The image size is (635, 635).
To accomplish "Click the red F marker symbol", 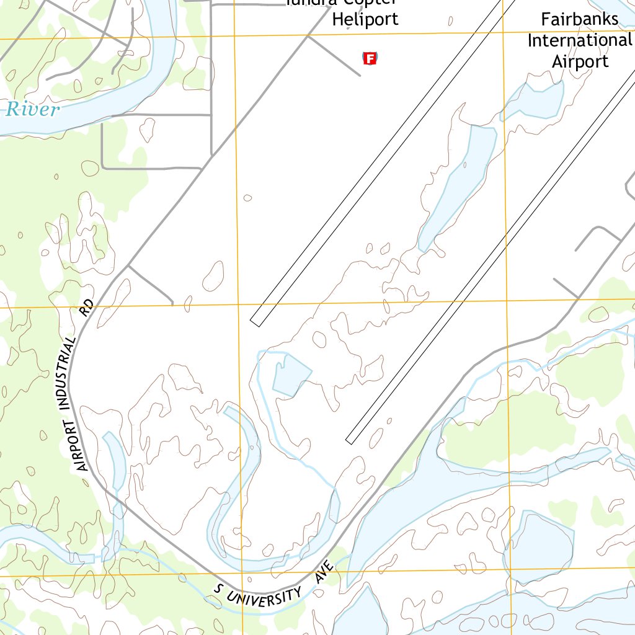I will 370,59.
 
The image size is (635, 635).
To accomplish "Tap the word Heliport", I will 365,19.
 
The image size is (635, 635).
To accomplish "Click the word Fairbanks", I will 579,19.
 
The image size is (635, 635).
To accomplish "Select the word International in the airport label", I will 579,40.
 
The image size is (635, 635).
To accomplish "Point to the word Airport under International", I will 580,61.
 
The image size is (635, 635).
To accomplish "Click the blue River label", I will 33,110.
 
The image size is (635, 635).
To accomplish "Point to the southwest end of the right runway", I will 350,439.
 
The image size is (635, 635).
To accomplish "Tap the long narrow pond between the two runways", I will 459,186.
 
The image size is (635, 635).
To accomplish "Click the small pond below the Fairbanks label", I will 535,99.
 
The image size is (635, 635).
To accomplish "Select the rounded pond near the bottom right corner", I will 538,549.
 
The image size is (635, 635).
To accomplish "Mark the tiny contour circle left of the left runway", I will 248,198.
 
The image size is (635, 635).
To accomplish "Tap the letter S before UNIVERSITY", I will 218,587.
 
